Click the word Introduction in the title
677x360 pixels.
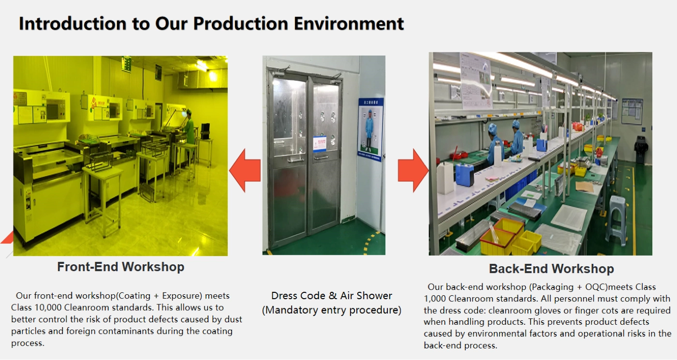pos(73,24)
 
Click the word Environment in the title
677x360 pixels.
pos(349,24)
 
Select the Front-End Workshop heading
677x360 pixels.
pos(120,267)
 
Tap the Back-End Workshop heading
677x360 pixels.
pos(551,269)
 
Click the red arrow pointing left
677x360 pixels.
pos(245,170)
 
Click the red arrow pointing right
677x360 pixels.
pos(413,170)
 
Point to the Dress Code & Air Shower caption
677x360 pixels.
pos(332,296)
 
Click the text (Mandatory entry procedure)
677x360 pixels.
pos(332,310)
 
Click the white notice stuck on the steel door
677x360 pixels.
pos(320,144)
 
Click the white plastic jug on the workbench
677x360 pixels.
pos(445,178)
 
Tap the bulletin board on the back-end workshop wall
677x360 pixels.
pos(632,111)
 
